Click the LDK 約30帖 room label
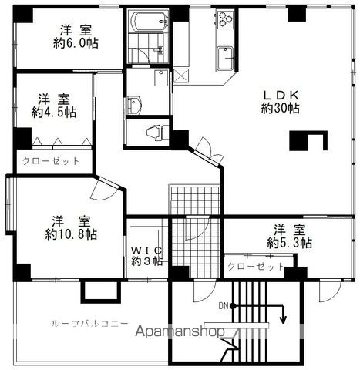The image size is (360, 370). (281, 102)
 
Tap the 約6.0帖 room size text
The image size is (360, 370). (76, 43)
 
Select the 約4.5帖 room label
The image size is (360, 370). (54, 112)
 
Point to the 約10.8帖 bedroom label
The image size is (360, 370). (71, 234)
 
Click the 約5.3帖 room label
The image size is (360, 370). (290, 243)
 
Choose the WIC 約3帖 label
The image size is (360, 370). (147, 256)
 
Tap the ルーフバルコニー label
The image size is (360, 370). (89, 323)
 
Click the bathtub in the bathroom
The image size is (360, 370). (150, 22)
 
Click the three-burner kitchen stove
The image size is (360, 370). (225, 18)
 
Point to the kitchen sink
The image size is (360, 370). (225, 59)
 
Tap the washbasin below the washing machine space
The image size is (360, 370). (134, 105)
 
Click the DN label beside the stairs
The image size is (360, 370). (224, 306)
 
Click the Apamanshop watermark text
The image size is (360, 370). (180, 331)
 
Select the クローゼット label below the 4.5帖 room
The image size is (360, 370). (51, 161)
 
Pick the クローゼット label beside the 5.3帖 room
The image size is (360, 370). (256, 267)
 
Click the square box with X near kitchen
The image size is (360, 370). (181, 76)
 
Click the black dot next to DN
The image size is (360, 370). (233, 306)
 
